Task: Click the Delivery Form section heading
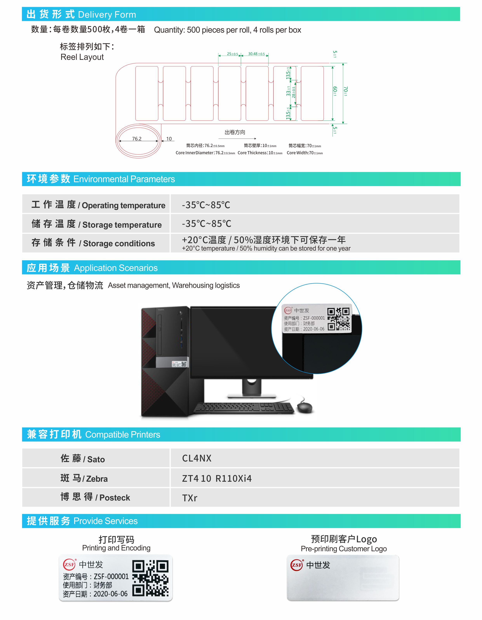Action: coord(81,14)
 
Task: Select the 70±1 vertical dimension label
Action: coord(345,91)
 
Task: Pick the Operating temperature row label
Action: coord(98,205)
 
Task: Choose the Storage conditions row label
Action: coord(93,243)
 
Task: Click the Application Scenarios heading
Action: coord(92,268)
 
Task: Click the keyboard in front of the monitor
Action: coord(244,408)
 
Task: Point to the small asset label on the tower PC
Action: coord(179,364)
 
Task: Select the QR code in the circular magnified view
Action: coord(339,319)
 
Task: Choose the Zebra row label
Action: coord(84,478)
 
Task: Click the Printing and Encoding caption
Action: coord(116,548)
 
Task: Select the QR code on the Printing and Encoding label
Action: coord(151,578)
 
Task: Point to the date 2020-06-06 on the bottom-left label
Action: coord(110,594)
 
